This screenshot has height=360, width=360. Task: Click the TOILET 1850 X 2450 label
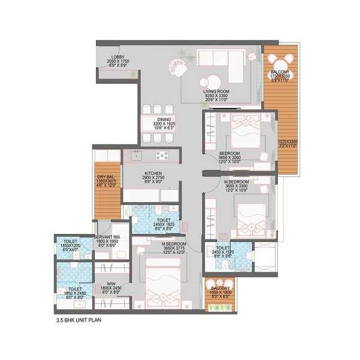coord(70,293)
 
